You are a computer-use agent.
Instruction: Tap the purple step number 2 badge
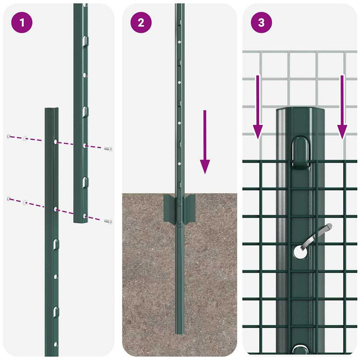pyautogui.click(x=141, y=23)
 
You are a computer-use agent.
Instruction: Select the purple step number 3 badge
pyautogui.click(x=261, y=23)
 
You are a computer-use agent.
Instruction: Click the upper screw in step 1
pyautogui.click(x=108, y=149)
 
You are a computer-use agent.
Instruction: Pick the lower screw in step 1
pyautogui.click(x=108, y=221)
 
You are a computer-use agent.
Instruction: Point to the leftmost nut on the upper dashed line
pyautogui.click(x=9, y=136)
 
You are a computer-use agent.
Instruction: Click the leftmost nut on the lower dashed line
pyautogui.click(x=9, y=199)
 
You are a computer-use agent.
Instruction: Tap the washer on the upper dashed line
pyautogui.click(x=25, y=138)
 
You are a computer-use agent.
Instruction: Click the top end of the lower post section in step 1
pyautogui.click(x=51, y=110)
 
